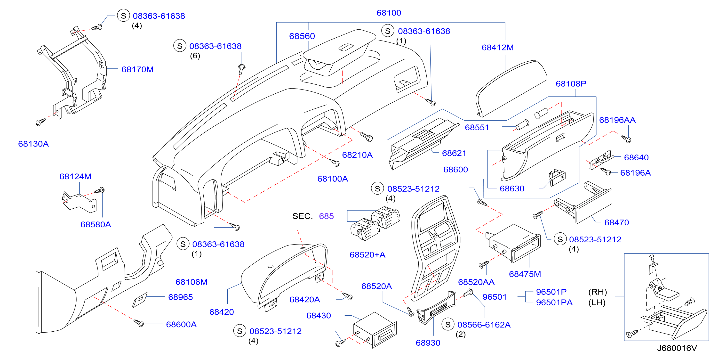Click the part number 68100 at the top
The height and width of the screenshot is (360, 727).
(x=389, y=13)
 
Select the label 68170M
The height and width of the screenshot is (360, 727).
(x=137, y=69)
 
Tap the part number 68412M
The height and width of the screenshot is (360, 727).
(x=497, y=48)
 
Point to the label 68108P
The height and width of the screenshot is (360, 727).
(x=571, y=84)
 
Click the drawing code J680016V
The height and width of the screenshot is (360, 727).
(x=677, y=348)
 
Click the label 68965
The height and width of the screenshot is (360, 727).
(x=180, y=297)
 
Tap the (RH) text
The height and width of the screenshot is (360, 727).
(x=598, y=292)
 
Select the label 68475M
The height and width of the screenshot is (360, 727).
(x=525, y=274)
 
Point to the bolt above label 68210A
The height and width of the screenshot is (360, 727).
(x=367, y=137)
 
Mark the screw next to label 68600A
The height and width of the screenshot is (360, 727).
(x=139, y=323)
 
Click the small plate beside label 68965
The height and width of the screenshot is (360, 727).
(x=140, y=300)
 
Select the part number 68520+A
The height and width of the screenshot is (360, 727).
(x=367, y=255)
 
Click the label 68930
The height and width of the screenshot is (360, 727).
(x=428, y=343)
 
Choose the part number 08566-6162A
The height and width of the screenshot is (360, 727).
(x=484, y=325)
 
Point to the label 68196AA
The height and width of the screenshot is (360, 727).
(x=617, y=120)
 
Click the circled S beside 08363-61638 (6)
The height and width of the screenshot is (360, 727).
(x=180, y=46)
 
